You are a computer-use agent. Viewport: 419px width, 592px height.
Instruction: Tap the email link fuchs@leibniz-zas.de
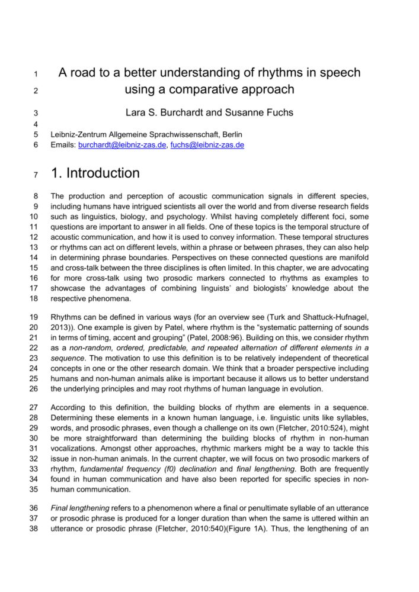coord(207,144)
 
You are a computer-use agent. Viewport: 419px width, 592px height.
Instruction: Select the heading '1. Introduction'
coord(95,173)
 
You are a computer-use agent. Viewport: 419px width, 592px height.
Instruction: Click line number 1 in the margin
coord(36,75)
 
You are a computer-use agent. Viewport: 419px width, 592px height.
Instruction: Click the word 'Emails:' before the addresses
coord(63,144)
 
